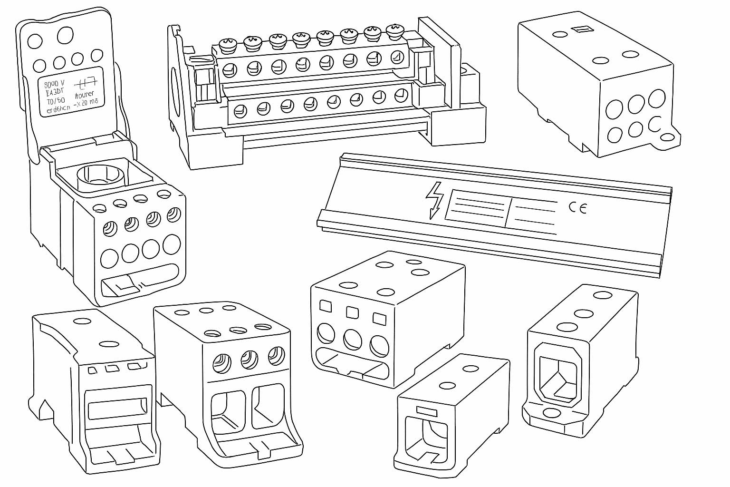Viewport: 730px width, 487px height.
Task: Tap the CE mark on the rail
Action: (577, 207)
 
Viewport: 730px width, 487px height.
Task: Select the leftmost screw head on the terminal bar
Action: (228, 46)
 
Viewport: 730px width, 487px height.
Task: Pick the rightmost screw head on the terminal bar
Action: (394, 32)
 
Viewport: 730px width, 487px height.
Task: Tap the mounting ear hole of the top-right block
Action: (669, 137)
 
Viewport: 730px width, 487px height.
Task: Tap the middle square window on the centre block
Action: (352, 312)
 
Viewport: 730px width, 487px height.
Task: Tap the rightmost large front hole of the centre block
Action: (379, 345)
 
